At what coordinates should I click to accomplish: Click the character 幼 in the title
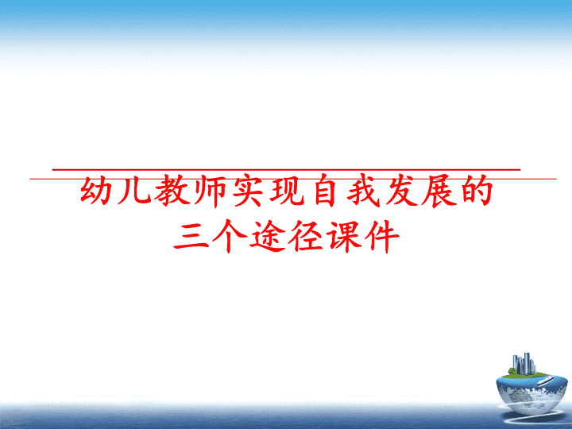[x=96, y=190]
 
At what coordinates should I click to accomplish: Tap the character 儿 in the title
[x=133, y=190]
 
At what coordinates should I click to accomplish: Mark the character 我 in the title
[x=363, y=191]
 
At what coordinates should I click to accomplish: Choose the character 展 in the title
[x=439, y=191]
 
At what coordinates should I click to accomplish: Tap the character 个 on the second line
[x=229, y=236]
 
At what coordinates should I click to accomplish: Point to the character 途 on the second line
[x=267, y=237]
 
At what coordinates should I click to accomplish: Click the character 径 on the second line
[x=305, y=236]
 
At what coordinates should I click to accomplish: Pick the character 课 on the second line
[x=344, y=236]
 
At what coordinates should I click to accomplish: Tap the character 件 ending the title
[x=382, y=236]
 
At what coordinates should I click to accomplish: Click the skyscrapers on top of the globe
[x=524, y=363]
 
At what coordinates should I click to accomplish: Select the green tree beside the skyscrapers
[x=512, y=371]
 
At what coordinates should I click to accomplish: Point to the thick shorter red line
[x=286, y=170]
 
